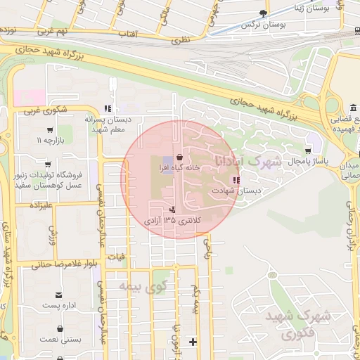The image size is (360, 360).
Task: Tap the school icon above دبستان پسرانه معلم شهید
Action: [107, 108]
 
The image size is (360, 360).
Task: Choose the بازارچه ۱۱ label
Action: [49, 141]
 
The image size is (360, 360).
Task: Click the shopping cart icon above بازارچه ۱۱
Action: [49, 130]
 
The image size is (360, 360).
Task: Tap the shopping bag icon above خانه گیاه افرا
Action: [180, 157]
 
